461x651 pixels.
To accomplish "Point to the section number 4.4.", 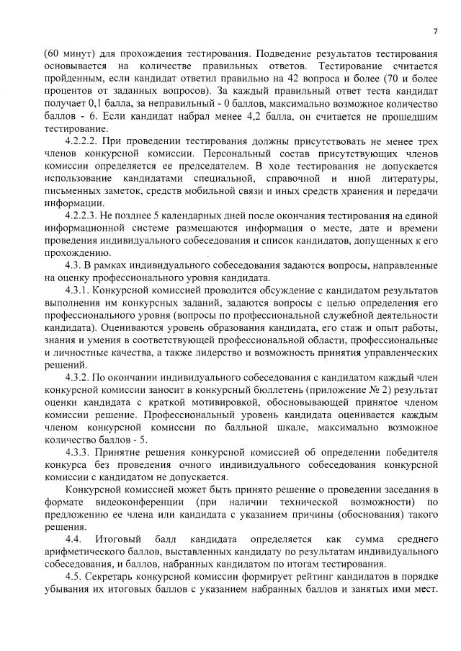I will pyautogui.click(x=73, y=539).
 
